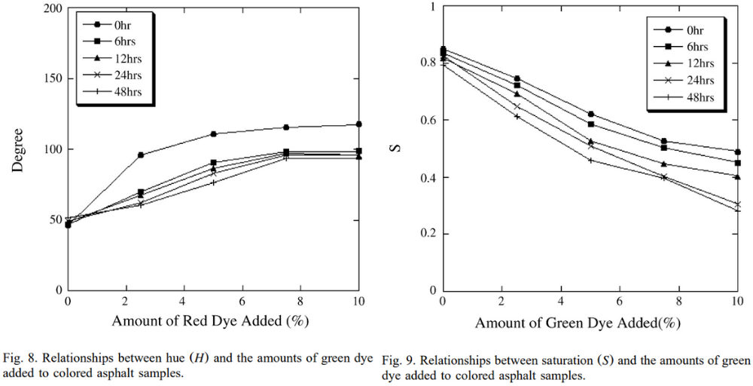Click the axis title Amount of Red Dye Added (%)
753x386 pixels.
point(211,320)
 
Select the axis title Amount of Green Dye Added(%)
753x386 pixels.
point(578,323)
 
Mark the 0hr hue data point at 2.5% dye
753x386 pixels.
point(141,155)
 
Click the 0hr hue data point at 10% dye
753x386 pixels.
point(359,124)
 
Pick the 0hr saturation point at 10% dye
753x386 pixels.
point(737,152)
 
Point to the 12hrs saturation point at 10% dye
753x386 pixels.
point(737,176)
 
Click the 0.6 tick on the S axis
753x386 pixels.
point(428,121)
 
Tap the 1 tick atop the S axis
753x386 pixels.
point(432,8)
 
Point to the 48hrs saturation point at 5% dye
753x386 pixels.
point(590,160)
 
